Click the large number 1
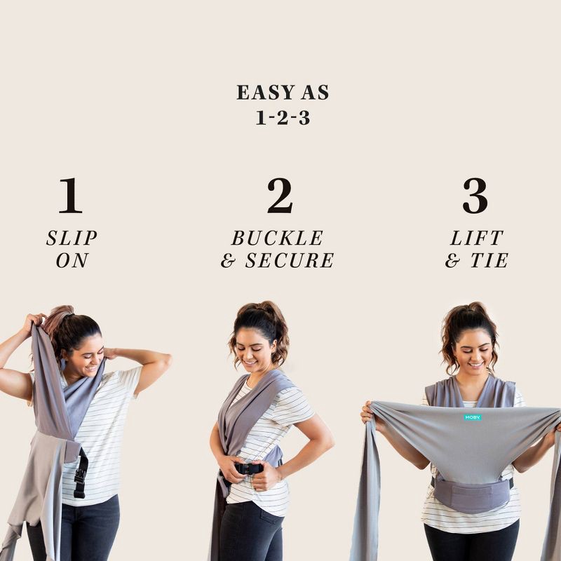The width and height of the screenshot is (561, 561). pos(70,196)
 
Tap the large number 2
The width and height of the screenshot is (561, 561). pos(280,196)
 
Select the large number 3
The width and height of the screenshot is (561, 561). pos(475,196)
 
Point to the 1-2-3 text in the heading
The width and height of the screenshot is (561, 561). pos(283,117)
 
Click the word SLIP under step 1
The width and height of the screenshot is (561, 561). pos(72,238)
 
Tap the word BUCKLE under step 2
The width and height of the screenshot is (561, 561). pos(278,238)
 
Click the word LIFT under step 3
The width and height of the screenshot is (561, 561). pos(477,238)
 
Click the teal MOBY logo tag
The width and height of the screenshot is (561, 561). pos(472,417)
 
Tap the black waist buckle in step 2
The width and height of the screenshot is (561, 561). pos(248,468)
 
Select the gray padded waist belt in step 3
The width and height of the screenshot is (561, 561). pos(471,495)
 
